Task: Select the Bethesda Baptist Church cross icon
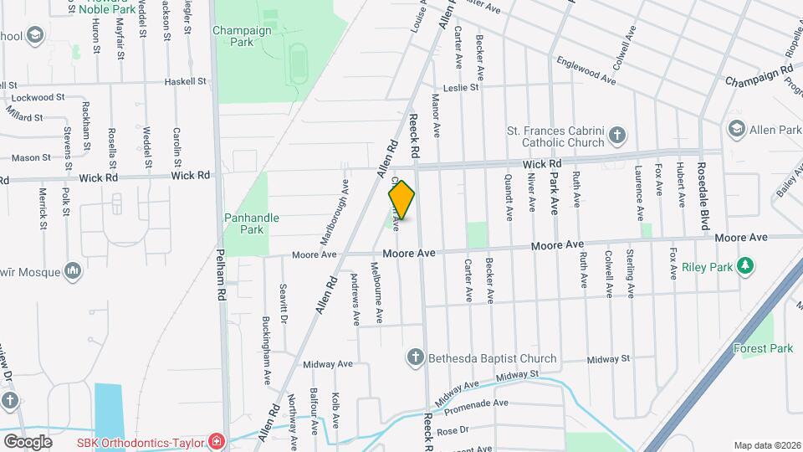tap(413, 358)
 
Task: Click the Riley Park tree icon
tap(745, 266)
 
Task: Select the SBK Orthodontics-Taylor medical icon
tap(217, 440)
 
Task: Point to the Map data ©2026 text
tap(766, 445)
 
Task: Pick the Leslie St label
tap(461, 87)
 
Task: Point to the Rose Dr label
tap(450, 430)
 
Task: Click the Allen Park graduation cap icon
tap(736, 130)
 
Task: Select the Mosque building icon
tap(72, 270)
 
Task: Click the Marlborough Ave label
tap(344, 199)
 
